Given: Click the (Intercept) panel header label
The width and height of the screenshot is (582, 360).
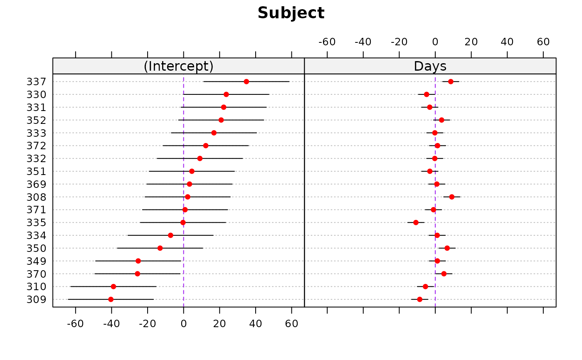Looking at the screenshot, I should (178, 67).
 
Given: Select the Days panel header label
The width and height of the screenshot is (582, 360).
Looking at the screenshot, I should (430, 67).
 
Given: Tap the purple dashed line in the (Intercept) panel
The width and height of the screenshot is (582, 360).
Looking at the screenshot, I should (183, 191).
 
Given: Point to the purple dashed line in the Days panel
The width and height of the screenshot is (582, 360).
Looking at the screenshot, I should (435, 191).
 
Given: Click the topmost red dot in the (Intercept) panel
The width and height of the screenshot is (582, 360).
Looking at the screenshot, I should (247, 81).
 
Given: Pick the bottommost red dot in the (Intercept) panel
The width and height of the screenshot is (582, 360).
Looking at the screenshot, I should (111, 299).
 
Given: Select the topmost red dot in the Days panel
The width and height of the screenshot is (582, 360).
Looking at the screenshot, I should (451, 81).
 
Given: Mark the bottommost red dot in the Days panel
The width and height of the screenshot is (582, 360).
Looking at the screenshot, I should (419, 299).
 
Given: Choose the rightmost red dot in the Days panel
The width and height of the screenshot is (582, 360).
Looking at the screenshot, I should (452, 197).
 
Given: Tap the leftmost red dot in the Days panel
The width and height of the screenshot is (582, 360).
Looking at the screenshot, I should (416, 222).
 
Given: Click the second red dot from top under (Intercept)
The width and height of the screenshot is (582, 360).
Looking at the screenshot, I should (226, 94).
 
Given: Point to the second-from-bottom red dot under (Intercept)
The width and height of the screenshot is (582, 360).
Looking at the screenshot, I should (113, 286).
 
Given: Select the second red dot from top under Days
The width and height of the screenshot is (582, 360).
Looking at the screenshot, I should (427, 94).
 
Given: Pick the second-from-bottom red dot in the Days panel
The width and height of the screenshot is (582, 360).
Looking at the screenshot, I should (425, 286).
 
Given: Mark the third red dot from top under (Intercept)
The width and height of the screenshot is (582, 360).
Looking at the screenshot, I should (224, 107).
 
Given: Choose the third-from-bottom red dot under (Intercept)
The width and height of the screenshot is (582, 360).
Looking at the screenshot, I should (138, 274).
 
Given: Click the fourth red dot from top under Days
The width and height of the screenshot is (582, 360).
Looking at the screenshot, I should (441, 120).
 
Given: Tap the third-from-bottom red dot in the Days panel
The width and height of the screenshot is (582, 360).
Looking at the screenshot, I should (444, 274).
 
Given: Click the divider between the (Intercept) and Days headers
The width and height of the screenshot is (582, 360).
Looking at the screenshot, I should (304, 66).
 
